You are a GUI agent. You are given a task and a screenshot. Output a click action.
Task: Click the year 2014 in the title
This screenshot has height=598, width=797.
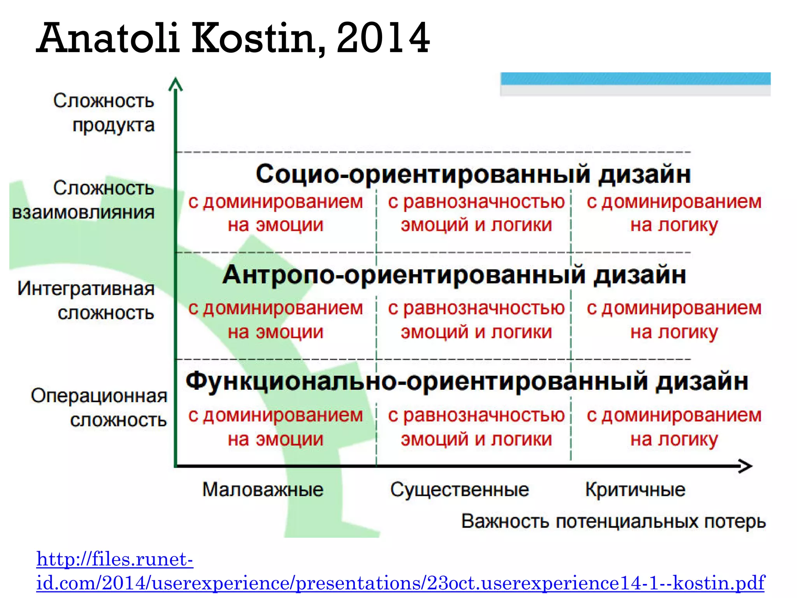(x=383, y=38)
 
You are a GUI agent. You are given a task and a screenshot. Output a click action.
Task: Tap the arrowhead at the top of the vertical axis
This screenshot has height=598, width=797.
(x=176, y=84)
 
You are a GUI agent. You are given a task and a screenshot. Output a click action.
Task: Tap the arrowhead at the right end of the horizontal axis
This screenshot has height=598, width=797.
(x=745, y=466)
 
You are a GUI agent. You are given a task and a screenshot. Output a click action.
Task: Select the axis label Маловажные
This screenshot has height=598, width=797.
(x=263, y=489)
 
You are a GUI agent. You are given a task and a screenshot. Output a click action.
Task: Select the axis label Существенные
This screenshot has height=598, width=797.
(x=460, y=489)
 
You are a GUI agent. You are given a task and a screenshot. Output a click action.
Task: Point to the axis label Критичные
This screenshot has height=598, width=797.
(x=635, y=489)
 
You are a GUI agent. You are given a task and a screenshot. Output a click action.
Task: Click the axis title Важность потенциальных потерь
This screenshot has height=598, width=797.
(x=613, y=521)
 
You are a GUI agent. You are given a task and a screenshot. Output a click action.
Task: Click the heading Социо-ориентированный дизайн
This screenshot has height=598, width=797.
(x=473, y=174)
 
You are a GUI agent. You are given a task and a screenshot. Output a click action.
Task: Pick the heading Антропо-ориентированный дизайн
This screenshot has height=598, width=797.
(x=454, y=275)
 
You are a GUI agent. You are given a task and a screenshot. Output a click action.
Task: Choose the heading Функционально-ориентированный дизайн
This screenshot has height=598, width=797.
(x=467, y=382)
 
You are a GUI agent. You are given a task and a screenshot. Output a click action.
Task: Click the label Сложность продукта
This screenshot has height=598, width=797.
(x=104, y=113)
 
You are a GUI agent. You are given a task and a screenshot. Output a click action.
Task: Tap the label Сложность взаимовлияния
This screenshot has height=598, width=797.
(x=84, y=200)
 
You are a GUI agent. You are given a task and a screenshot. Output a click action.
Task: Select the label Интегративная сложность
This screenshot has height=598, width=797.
(x=86, y=301)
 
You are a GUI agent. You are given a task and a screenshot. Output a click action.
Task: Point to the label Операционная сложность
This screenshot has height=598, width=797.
(x=100, y=408)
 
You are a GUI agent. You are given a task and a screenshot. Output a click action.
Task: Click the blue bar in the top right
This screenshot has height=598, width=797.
(x=635, y=79)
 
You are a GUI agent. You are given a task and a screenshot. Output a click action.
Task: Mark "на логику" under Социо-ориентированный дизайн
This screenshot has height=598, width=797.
(x=674, y=225)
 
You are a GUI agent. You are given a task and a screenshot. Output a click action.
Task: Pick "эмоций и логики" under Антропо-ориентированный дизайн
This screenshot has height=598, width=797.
(x=476, y=332)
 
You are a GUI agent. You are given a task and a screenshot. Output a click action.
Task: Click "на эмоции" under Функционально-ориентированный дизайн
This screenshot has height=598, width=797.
(x=276, y=439)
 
